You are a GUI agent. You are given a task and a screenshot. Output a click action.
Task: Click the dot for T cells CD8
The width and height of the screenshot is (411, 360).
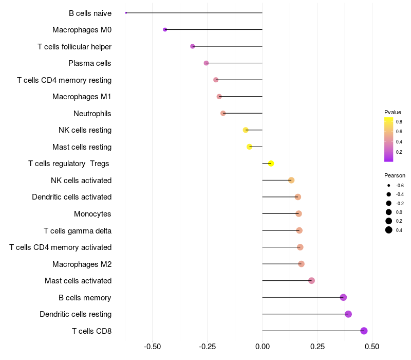364,331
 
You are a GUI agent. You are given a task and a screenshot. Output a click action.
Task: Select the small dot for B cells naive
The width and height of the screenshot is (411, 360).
126,13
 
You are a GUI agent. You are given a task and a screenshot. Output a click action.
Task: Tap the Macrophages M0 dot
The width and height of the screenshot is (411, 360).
165,29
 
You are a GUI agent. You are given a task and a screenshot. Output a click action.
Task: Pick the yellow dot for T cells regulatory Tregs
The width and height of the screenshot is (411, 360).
271,164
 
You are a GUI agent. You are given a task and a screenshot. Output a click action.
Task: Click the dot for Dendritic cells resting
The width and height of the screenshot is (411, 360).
348,314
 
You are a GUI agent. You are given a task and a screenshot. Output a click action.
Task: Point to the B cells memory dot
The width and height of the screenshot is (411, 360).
343,297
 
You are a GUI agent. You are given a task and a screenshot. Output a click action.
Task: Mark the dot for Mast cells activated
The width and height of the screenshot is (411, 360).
311,281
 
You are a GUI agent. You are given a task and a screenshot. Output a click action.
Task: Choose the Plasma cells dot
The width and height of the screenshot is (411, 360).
206,63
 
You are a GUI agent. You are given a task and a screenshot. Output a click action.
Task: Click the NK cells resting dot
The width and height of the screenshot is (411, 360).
246,130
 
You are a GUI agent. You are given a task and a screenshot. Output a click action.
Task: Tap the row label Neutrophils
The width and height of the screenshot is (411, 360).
92,113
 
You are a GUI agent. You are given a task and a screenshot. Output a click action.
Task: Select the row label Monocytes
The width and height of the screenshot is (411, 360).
92,214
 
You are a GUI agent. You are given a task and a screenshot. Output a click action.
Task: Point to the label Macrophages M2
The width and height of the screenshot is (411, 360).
82,264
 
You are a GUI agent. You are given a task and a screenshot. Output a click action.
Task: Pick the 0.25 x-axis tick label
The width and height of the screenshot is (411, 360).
317,347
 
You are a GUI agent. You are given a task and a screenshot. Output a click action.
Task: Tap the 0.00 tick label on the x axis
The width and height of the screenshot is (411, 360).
262,347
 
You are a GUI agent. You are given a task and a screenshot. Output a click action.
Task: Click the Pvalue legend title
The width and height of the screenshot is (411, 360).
393,112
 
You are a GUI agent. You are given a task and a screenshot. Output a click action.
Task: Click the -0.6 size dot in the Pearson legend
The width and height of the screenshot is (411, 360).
389,185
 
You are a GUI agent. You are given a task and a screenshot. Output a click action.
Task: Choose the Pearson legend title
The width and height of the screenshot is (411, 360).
395,175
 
